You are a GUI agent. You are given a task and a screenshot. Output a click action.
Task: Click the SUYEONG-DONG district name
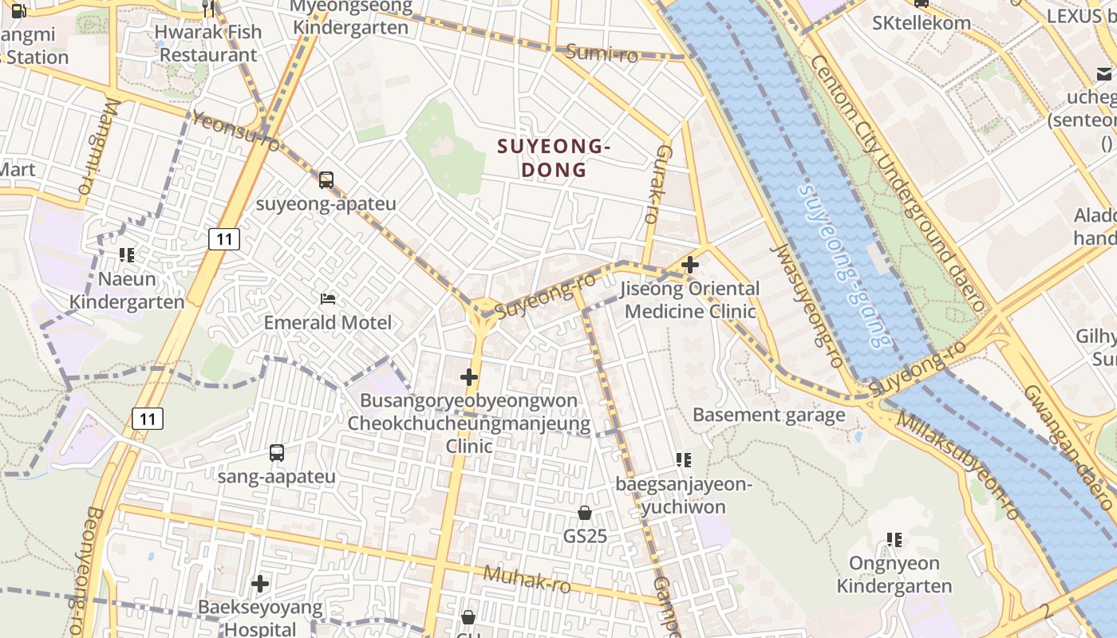[554, 158]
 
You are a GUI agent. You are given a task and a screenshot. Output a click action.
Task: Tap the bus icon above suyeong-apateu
[326, 180]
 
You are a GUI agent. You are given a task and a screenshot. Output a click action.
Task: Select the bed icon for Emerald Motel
[328, 299]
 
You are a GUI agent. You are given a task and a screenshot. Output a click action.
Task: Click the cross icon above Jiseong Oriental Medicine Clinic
[690, 265]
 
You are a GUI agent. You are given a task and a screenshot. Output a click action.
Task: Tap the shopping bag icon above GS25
[585, 513]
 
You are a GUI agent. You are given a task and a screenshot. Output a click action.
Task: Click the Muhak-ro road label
[527, 579]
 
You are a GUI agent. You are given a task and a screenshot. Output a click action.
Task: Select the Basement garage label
[768, 415]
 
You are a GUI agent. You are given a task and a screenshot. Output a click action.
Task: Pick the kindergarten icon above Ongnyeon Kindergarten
[894, 540]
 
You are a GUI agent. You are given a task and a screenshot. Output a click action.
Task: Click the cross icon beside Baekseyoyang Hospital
[260, 584]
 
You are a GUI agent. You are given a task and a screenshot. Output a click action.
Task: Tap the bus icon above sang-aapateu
[277, 453]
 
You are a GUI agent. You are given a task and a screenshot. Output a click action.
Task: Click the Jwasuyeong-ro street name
[806, 306]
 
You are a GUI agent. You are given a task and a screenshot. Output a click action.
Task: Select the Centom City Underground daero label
[897, 183]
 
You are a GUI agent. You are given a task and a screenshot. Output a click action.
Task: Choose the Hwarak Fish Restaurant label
[207, 43]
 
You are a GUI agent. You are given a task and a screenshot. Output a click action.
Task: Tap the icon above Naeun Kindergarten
[127, 255]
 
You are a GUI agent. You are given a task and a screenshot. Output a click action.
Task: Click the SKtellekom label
[922, 22]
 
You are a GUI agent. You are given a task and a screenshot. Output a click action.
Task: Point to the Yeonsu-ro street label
[236, 132]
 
